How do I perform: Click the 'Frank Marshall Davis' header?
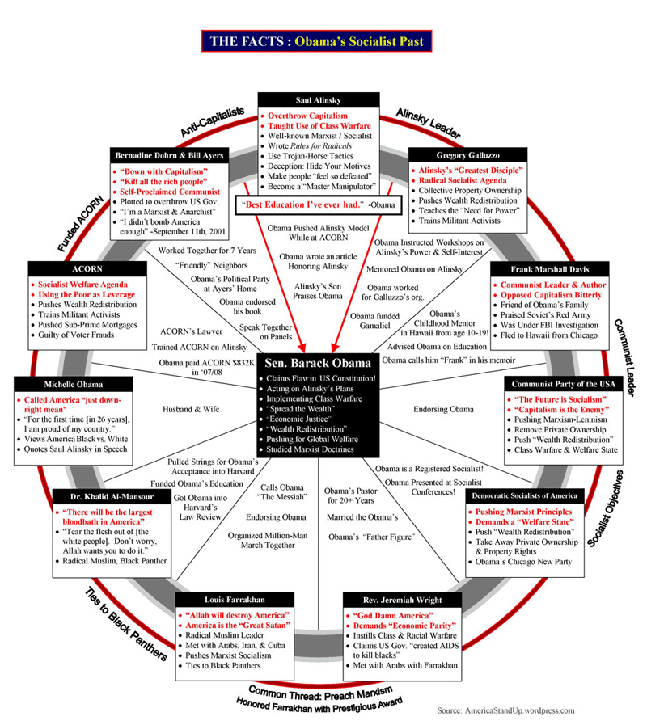point(548,268)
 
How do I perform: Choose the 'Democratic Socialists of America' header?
point(524,495)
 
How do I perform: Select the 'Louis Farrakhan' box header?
point(235,600)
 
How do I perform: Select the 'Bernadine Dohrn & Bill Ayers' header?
point(169,154)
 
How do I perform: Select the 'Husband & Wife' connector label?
point(191,410)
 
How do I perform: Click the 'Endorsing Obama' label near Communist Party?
point(444,409)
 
